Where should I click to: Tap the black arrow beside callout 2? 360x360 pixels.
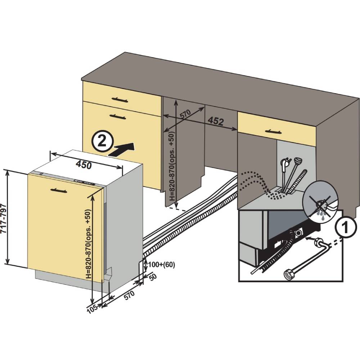[x=122, y=149]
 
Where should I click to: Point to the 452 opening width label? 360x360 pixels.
[x=216, y=121]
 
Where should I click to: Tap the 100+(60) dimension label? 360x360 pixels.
[x=161, y=265]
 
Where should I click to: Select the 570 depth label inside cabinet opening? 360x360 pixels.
[x=185, y=115]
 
